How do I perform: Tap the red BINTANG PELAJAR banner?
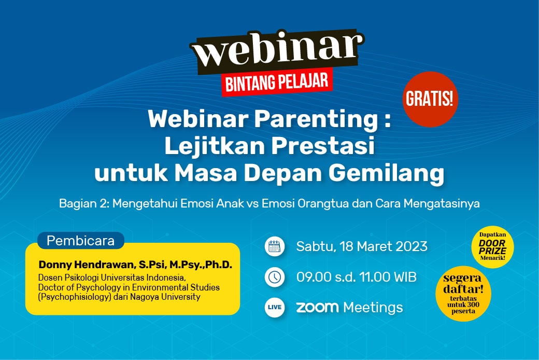(x=277, y=82)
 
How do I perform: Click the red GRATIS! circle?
(x=430, y=99)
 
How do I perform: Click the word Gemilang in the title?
(x=387, y=173)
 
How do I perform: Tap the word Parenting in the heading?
(x=316, y=119)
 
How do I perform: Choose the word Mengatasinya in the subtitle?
(x=442, y=203)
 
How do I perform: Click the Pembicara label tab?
(x=81, y=240)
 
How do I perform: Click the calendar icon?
(x=275, y=246)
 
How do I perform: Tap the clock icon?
(x=275, y=277)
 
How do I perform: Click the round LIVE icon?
(x=275, y=307)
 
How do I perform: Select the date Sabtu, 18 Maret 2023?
(x=362, y=246)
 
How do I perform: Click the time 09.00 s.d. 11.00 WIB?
(x=357, y=277)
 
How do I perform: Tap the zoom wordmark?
(x=317, y=307)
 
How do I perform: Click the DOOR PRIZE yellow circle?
(x=492, y=246)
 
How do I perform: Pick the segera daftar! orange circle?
(x=463, y=294)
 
